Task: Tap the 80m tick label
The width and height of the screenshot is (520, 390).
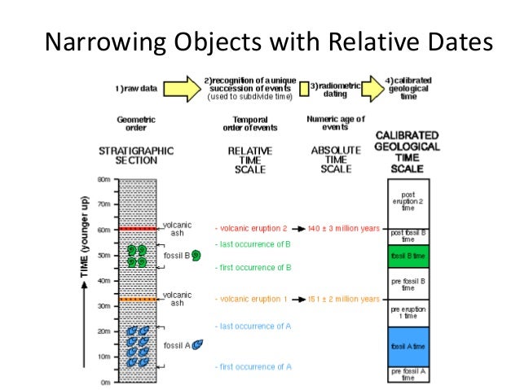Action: point(104,179)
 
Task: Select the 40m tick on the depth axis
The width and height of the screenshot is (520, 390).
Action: point(104,281)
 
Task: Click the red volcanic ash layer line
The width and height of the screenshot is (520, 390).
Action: point(139,229)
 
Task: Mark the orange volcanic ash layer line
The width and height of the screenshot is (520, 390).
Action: point(139,300)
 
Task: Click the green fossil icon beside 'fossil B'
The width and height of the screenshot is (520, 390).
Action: point(196,256)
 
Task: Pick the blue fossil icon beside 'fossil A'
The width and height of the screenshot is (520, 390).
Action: point(197,345)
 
